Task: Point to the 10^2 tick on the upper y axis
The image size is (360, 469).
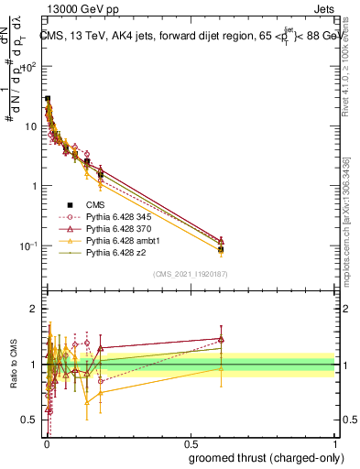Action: (30, 67)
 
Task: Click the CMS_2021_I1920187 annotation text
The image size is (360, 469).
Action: (190, 274)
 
